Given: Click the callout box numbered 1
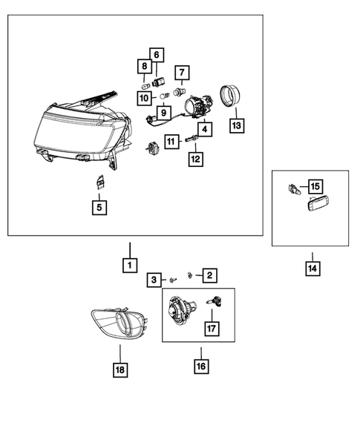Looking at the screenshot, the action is [130, 265].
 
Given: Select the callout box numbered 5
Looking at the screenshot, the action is [99, 208].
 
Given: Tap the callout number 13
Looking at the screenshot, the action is [237, 125].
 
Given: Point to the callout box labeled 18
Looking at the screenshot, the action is [120, 370].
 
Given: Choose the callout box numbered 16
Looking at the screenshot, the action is [201, 367].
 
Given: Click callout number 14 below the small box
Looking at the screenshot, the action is [312, 269].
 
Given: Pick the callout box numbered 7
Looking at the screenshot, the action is [182, 73].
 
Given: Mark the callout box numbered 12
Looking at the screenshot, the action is [195, 160].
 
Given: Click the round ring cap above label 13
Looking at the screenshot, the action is [230, 95].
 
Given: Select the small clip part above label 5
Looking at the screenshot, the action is [99, 183].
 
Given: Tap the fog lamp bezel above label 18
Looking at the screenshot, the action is [120, 323].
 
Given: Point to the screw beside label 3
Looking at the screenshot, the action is [172, 280].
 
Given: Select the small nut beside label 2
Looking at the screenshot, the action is [190, 275].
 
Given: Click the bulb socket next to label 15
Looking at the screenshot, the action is [294, 189].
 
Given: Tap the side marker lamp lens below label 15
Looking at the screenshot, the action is [318, 204].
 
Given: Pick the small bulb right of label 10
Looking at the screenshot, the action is [165, 96].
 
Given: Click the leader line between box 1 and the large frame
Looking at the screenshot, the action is [130, 250].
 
